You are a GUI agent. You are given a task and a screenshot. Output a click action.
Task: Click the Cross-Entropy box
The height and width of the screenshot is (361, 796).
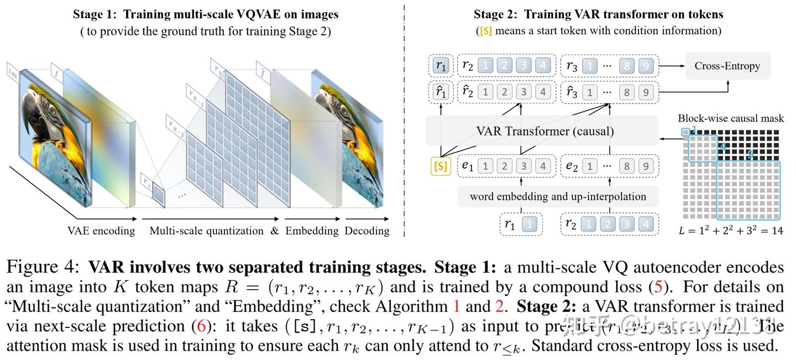727,66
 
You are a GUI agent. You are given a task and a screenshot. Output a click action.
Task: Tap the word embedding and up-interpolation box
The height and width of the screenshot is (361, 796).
557,196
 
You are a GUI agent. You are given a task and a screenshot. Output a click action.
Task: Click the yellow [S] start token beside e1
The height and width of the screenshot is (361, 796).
441,166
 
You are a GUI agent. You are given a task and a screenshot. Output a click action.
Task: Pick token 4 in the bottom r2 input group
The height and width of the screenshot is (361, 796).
645,224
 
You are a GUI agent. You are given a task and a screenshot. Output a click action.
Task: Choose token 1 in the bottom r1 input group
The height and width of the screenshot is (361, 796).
529,224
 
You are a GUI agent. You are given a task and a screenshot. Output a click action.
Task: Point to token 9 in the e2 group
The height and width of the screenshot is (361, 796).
645,166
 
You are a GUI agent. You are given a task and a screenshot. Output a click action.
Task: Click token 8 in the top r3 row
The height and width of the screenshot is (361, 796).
626,66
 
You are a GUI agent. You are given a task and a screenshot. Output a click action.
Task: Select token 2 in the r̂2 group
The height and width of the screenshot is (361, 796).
504,91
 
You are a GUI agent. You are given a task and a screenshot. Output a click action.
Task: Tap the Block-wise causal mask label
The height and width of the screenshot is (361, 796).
731,118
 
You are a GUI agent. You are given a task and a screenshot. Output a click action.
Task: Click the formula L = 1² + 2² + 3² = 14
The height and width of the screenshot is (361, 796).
731,231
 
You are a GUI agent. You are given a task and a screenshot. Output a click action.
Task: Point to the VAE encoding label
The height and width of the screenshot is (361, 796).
101,231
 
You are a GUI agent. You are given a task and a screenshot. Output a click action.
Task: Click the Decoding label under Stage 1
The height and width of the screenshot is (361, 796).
367,231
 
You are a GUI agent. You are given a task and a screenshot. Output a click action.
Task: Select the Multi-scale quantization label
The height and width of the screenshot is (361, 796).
206,231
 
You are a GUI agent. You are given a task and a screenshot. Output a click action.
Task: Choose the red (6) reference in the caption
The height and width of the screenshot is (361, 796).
202,326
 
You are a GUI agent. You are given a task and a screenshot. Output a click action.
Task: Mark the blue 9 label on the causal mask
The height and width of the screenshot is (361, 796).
750,156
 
